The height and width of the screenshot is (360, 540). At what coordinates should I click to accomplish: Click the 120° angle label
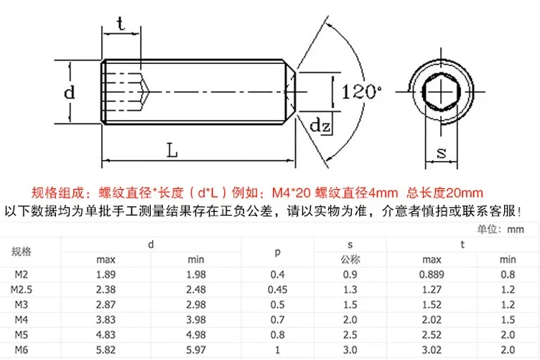coord(361,92)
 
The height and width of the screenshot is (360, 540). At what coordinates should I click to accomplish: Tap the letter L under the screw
coord(172,150)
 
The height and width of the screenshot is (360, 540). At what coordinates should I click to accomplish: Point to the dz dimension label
coord(320,125)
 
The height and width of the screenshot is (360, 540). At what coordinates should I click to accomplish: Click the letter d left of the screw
coord(69,92)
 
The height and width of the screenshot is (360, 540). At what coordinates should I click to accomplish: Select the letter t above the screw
coord(121,24)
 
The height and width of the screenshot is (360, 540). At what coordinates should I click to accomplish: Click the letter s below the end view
coord(441,152)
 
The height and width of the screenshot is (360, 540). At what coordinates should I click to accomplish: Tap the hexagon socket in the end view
coord(441,92)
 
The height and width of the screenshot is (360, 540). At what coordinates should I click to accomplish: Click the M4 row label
coord(21,320)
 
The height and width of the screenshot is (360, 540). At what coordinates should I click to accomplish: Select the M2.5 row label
coord(21,290)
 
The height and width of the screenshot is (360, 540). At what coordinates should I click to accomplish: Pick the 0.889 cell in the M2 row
coord(432,274)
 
